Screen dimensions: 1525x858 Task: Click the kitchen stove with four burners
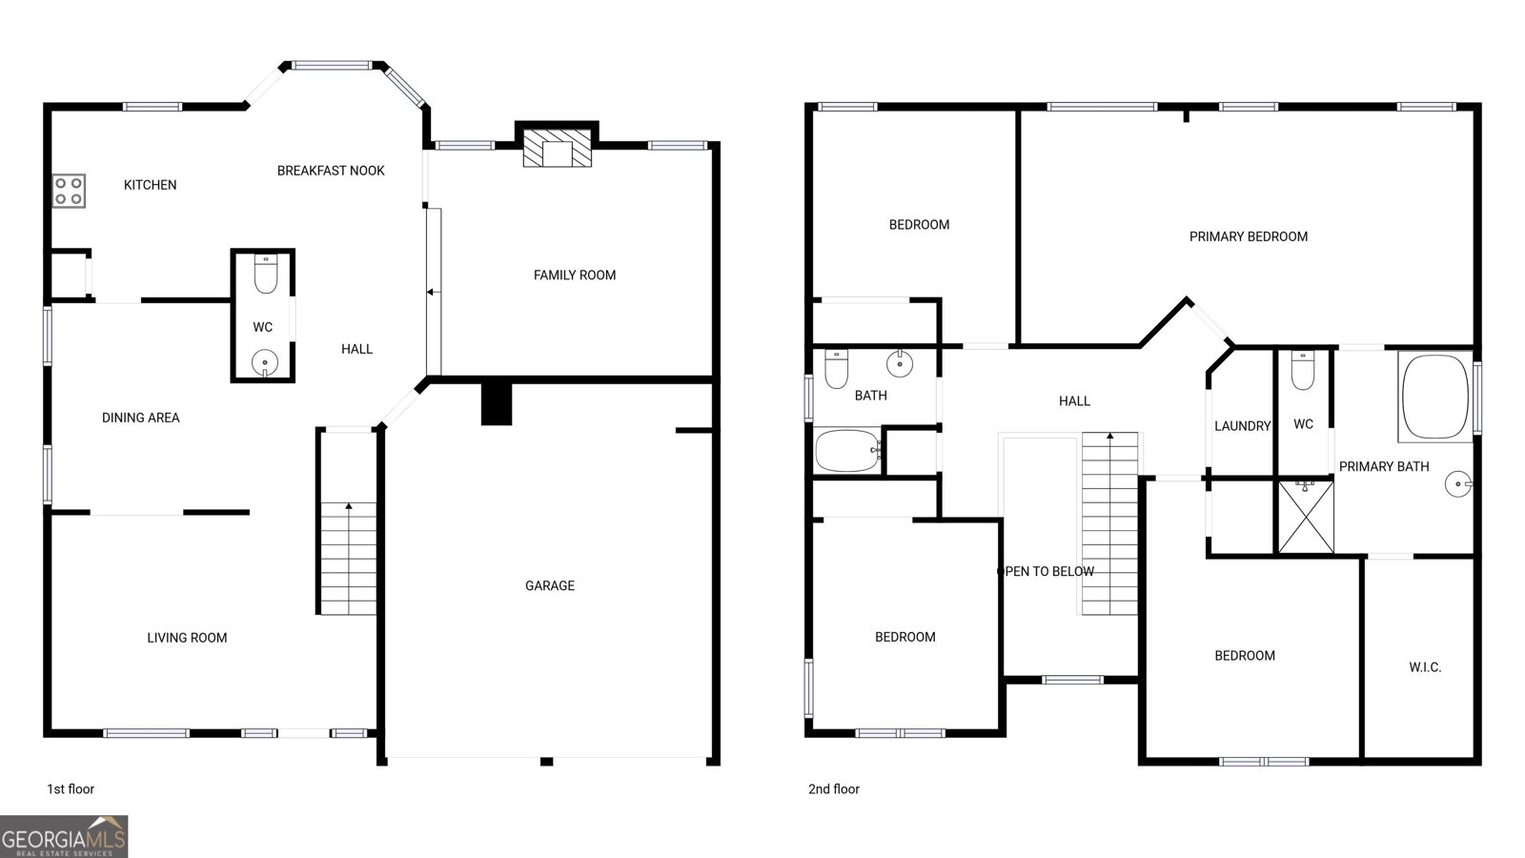tap(69, 191)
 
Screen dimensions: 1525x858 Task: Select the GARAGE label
tap(549, 585)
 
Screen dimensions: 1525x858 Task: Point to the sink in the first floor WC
tap(265, 362)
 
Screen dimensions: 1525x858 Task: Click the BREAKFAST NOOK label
tap(331, 171)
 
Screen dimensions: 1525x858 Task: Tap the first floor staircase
tap(348, 559)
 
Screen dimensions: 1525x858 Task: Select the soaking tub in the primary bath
tap(1435, 397)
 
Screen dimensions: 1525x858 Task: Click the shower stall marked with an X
tap(1306, 517)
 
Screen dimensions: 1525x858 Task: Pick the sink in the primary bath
tap(1457, 484)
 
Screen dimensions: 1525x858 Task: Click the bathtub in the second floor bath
tap(847, 450)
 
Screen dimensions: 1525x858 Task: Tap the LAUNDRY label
tap(1243, 426)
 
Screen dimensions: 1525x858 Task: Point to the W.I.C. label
tap(1425, 667)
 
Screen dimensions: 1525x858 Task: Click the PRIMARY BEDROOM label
tap(1248, 237)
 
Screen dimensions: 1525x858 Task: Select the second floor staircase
tap(1109, 523)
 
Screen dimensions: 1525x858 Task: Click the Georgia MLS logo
tap(63, 837)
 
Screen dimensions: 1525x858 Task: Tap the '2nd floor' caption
tap(834, 789)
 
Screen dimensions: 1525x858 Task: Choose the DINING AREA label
tap(141, 419)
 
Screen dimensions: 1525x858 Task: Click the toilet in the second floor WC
tap(1302, 371)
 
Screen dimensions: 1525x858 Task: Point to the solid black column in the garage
tap(497, 404)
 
